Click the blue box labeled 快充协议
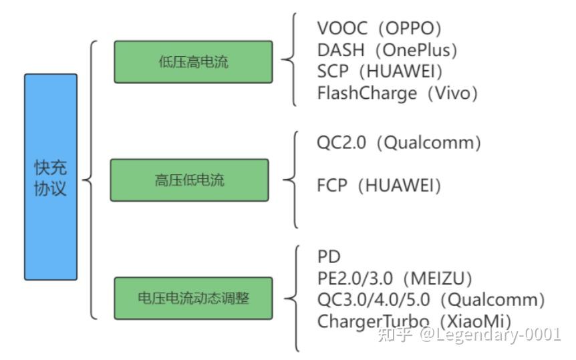(x=51, y=177)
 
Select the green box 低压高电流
(x=193, y=62)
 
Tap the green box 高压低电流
(x=189, y=180)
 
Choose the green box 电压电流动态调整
(x=193, y=298)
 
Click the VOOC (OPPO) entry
(x=380, y=29)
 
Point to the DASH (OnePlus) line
(x=387, y=50)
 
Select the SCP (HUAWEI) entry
(x=380, y=71)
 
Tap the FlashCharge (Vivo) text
(x=398, y=93)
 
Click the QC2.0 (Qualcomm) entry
(x=399, y=143)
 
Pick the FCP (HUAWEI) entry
(x=379, y=185)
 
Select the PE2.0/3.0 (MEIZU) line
(x=394, y=278)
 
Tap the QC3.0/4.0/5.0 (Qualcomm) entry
(x=431, y=299)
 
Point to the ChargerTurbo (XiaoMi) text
(x=414, y=321)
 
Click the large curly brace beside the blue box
(x=90, y=179)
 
